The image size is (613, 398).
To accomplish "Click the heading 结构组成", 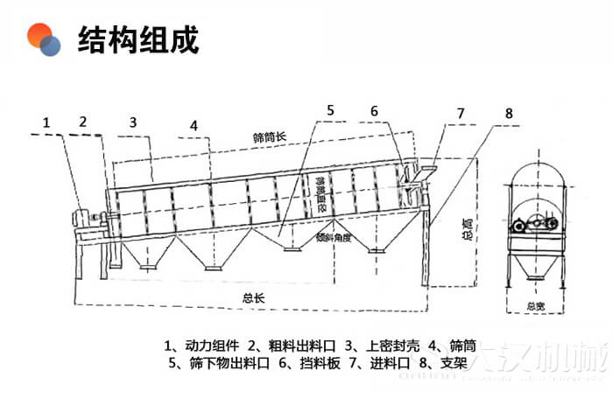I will [138, 39].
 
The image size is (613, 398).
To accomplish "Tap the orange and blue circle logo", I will [44, 39].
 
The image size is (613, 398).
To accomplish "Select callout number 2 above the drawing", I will [82, 122].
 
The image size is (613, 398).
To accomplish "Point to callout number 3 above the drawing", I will [133, 122].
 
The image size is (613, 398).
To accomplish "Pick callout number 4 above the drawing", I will [194, 124].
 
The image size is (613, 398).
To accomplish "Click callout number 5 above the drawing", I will [330, 110].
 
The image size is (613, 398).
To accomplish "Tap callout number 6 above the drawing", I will [374, 111].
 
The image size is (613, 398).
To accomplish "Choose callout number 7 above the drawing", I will [460, 114].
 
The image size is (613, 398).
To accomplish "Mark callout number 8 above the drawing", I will [509, 114].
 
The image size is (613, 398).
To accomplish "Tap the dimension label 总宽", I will [535, 306].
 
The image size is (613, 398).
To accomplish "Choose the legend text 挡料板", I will [315, 362].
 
